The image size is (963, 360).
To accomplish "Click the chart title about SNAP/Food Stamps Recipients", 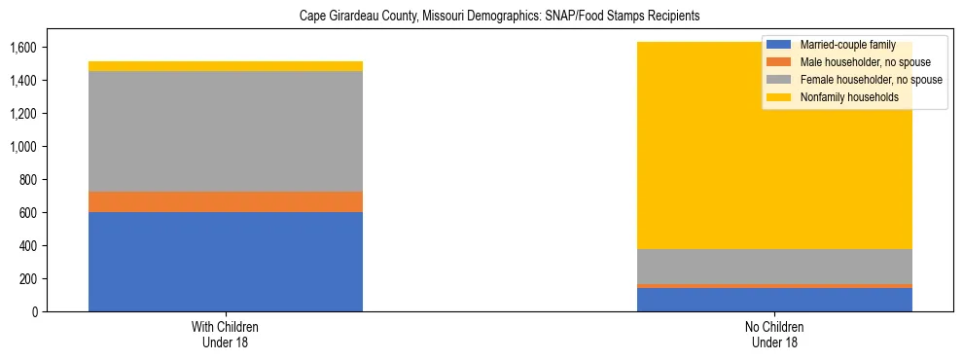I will click(x=481, y=17).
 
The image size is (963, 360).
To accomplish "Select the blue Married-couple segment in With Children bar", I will click(x=226, y=261).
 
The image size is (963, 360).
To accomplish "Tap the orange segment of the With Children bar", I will click(x=226, y=201).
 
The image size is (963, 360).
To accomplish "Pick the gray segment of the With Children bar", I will click(x=226, y=131).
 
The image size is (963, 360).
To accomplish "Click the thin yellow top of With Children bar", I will click(x=226, y=66).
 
